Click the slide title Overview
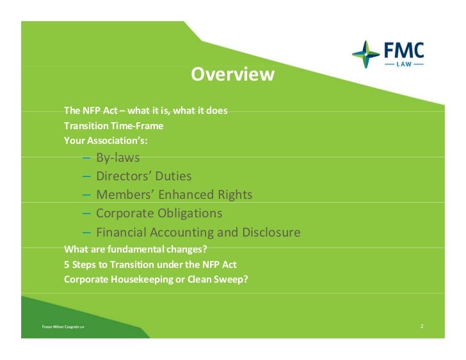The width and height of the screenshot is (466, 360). tap(232, 75)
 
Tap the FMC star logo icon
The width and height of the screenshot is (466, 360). tap(366, 54)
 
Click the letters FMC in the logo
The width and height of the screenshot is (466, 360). tap(403, 49)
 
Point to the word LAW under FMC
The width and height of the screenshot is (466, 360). tap(403, 64)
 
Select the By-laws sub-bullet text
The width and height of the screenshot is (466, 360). tap(118, 157)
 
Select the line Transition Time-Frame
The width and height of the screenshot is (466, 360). tap(113, 125)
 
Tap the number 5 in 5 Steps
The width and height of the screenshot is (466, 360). tap(67, 264)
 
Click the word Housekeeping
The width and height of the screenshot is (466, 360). tap(138, 279)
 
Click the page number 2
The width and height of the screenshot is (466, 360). tap(422, 327)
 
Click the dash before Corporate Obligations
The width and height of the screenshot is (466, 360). tap(86, 213)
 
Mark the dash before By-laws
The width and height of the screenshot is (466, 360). tap(86, 157)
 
